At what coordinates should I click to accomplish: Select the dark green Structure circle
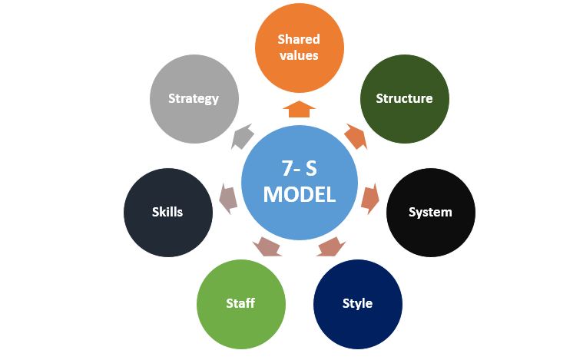point(404,98)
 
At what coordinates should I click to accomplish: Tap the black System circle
point(430,212)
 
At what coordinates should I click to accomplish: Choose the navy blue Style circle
point(357,303)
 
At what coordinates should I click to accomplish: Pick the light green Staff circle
point(240,303)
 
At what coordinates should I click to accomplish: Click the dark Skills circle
point(167,212)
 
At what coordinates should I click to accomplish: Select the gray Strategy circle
point(194,98)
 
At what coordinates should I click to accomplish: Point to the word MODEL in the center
point(299,195)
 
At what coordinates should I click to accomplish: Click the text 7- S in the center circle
point(299,168)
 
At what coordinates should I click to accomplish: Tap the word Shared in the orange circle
point(299,39)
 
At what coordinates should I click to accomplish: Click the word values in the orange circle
point(299,55)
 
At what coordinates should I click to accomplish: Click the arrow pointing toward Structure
point(354,136)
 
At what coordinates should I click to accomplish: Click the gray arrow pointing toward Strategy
point(242,137)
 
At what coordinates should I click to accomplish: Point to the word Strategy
point(194,98)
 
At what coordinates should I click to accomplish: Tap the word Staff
point(240,303)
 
